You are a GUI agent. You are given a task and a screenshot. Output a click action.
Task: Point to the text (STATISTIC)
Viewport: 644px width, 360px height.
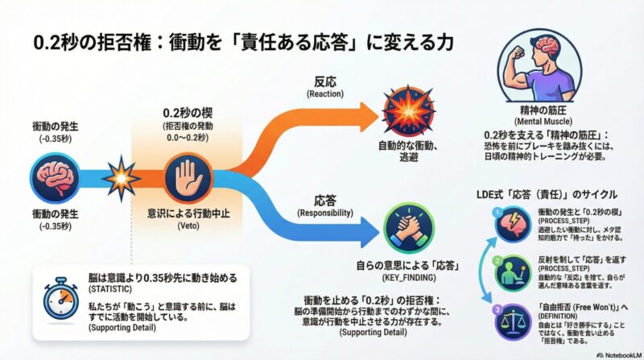pyautogui.click(x=114, y=286)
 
